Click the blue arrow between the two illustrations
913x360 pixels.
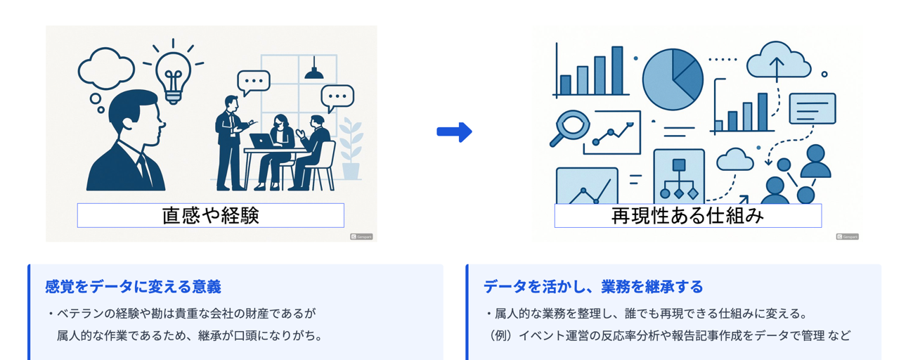454,131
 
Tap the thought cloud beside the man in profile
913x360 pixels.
106,67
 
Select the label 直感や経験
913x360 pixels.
210,215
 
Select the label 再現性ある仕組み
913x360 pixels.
687,215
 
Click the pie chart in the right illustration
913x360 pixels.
673,79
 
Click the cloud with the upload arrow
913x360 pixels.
778,62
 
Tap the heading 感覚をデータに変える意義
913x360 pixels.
133,286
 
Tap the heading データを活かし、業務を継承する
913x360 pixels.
593,286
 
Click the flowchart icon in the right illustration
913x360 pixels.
678,176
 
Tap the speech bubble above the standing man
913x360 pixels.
253,82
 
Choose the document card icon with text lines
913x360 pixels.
812,108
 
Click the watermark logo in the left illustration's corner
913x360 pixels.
361,237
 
